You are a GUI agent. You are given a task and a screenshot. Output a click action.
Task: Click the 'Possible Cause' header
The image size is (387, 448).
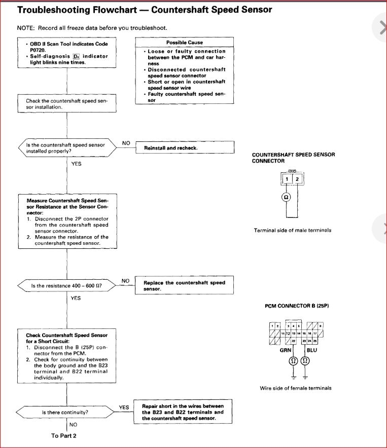[184, 43]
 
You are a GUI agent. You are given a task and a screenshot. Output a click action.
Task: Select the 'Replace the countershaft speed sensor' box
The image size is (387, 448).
[184, 285]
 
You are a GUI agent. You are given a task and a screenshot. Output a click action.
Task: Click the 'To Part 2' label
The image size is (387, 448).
[64, 435]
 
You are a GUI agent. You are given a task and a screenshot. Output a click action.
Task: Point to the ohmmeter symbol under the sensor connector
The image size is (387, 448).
[287, 198]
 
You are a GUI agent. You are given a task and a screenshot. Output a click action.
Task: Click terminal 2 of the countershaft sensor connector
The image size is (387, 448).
[297, 179]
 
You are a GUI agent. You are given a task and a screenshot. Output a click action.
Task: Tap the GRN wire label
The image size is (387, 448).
[285, 350]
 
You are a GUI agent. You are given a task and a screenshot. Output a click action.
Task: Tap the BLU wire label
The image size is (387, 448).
[311, 350]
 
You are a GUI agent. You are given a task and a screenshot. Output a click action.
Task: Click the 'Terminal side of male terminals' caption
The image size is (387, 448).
[292, 230]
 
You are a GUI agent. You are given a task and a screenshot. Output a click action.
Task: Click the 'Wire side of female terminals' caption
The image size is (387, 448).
[296, 388]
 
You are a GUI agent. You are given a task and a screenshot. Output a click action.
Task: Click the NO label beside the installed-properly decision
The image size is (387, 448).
[126, 143]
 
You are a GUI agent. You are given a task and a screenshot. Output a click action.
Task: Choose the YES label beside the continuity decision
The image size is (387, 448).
[124, 407]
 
